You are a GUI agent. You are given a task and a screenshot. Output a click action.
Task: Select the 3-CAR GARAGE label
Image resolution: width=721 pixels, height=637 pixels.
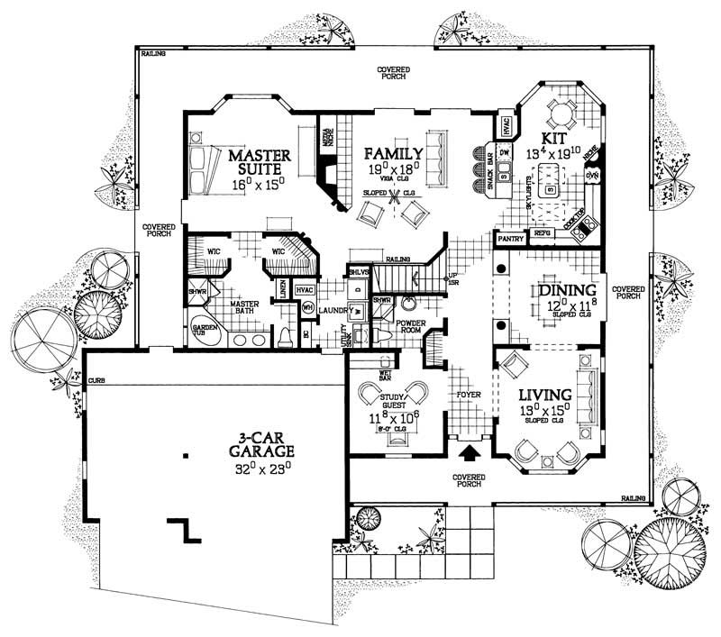[x=244, y=448]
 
